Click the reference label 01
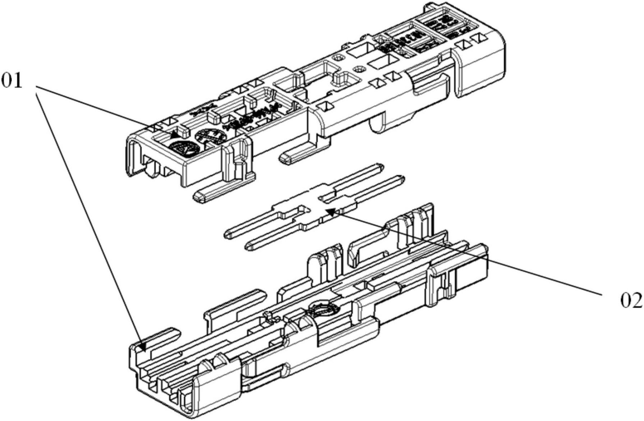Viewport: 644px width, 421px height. coord(11,81)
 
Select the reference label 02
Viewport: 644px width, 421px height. coord(631,300)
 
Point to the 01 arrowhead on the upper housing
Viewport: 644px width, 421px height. coord(175,135)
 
